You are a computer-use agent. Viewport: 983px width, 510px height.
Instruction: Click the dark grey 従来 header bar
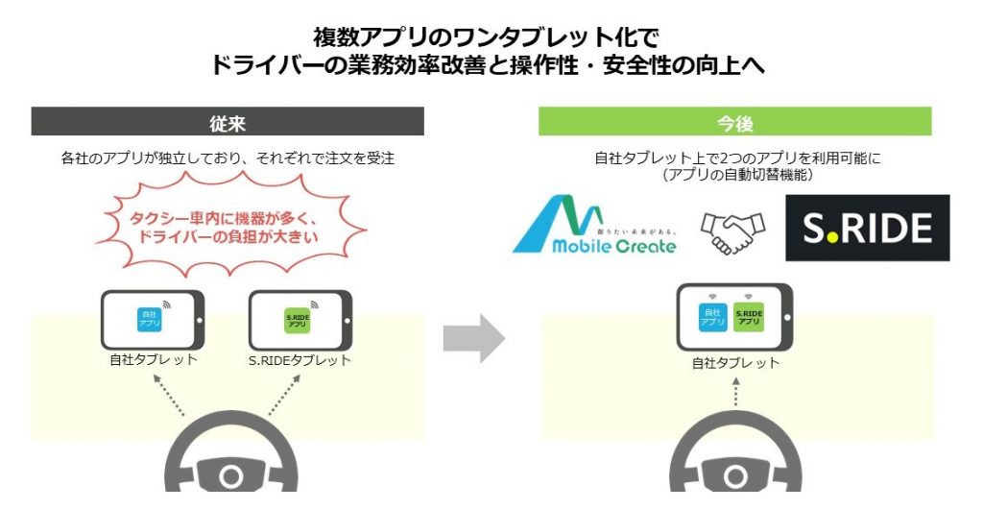(x=228, y=122)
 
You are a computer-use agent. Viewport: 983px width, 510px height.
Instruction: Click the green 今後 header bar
(x=734, y=122)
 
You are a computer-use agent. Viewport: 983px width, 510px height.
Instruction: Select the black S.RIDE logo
(x=867, y=228)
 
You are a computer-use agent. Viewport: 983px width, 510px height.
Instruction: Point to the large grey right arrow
(x=474, y=337)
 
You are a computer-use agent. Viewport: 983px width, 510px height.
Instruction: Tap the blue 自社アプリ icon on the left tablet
(x=149, y=320)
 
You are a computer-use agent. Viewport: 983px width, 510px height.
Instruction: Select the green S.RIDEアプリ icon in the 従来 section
(x=298, y=320)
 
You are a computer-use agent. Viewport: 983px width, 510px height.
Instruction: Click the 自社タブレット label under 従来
(x=153, y=360)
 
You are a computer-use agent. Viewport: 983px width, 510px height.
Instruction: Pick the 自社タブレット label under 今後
(x=735, y=364)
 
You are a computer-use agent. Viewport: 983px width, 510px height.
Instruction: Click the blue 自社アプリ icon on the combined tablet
(x=712, y=317)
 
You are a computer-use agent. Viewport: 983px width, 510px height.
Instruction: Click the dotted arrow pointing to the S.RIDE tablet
(x=285, y=394)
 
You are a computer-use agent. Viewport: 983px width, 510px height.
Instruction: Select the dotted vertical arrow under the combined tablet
(x=735, y=394)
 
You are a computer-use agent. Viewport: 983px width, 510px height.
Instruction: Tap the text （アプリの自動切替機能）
(x=734, y=175)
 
